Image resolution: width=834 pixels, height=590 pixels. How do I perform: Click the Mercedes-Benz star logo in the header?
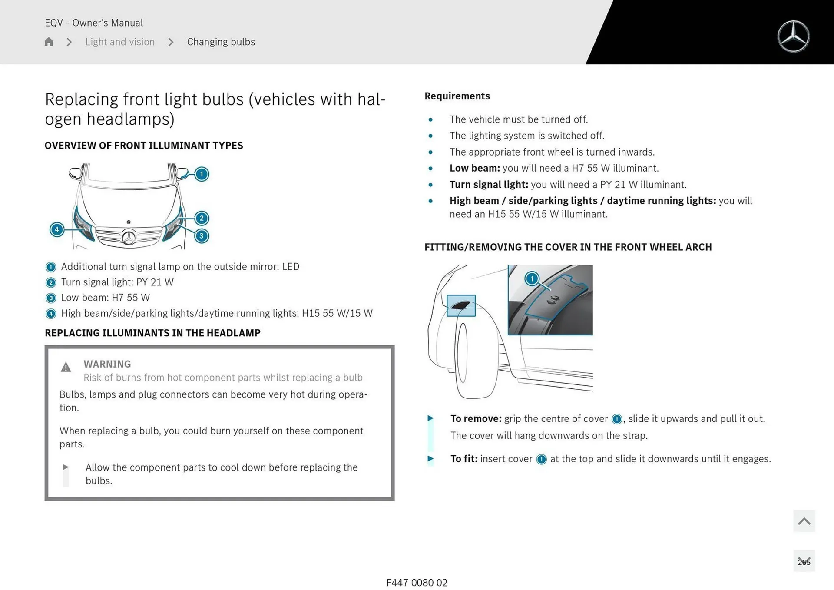click(793, 36)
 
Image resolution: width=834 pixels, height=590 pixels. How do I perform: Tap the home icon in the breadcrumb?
click(49, 42)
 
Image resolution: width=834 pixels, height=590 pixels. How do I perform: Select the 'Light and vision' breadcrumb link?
click(120, 42)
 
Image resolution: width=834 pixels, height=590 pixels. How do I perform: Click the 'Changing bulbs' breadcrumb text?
click(221, 42)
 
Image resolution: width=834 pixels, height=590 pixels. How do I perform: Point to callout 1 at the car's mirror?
click(202, 174)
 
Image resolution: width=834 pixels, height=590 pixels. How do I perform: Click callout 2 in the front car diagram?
click(202, 218)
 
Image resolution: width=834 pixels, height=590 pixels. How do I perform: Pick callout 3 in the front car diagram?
click(202, 236)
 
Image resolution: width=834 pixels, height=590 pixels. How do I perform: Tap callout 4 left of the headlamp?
click(57, 229)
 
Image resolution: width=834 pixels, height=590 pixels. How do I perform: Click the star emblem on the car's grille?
click(129, 238)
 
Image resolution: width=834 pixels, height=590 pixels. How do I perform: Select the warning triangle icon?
click(66, 367)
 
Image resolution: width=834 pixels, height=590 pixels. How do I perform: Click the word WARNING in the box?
click(107, 364)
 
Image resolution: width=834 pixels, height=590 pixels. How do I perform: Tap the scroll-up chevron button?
click(804, 521)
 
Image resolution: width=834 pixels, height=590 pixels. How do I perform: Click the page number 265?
click(804, 562)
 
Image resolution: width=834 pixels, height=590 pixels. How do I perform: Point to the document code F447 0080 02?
click(417, 583)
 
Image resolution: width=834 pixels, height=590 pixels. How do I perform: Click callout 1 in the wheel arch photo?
click(532, 278)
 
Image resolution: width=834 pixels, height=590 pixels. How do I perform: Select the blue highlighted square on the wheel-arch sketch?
click(461, 305)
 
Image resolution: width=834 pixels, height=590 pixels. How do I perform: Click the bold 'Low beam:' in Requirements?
click(475, 168)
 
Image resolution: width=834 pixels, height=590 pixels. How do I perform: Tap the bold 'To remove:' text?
click(476, 418)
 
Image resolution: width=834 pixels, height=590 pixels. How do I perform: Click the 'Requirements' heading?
click(457, 96)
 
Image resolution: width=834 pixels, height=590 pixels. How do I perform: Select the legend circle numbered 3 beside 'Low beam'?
click(51, 298)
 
